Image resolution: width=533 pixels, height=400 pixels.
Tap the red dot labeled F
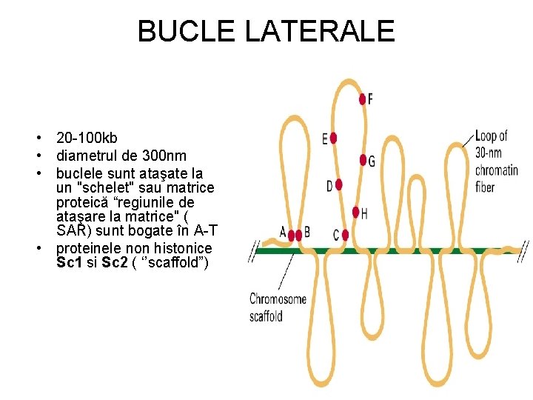(x=363, y=99)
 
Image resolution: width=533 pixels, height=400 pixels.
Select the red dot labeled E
(x=334, y=138)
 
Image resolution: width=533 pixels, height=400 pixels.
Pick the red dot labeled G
(x=363, y=160)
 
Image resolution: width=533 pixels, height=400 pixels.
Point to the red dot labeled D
(x=339, y=184)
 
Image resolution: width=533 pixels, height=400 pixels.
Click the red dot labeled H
(x=356, y=212)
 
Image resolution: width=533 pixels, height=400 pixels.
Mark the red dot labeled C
(x=345, y=235)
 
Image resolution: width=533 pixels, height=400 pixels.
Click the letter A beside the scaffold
(x=283, y=232)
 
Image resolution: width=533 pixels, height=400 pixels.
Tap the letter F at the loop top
(x=370, y=99)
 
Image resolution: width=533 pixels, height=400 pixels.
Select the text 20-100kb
(x=87, y=139)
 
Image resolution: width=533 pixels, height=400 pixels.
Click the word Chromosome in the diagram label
(x=278, y=299)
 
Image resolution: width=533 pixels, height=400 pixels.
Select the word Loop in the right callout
(x=486, y=136)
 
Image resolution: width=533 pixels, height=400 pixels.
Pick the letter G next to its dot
(x=371, y=161)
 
